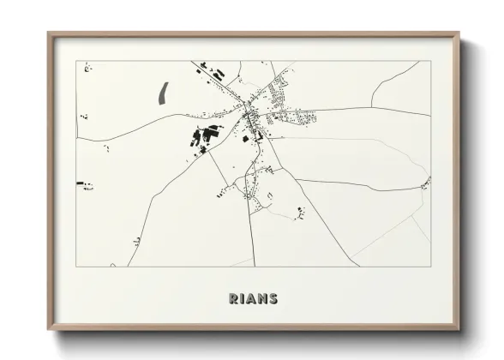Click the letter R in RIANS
(x=232, y=298)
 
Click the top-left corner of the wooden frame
(x=48, y=33)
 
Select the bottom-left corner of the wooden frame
(x=48, y=330)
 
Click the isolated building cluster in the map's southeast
(x=298, y=211)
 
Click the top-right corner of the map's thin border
(x=429, y=61)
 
